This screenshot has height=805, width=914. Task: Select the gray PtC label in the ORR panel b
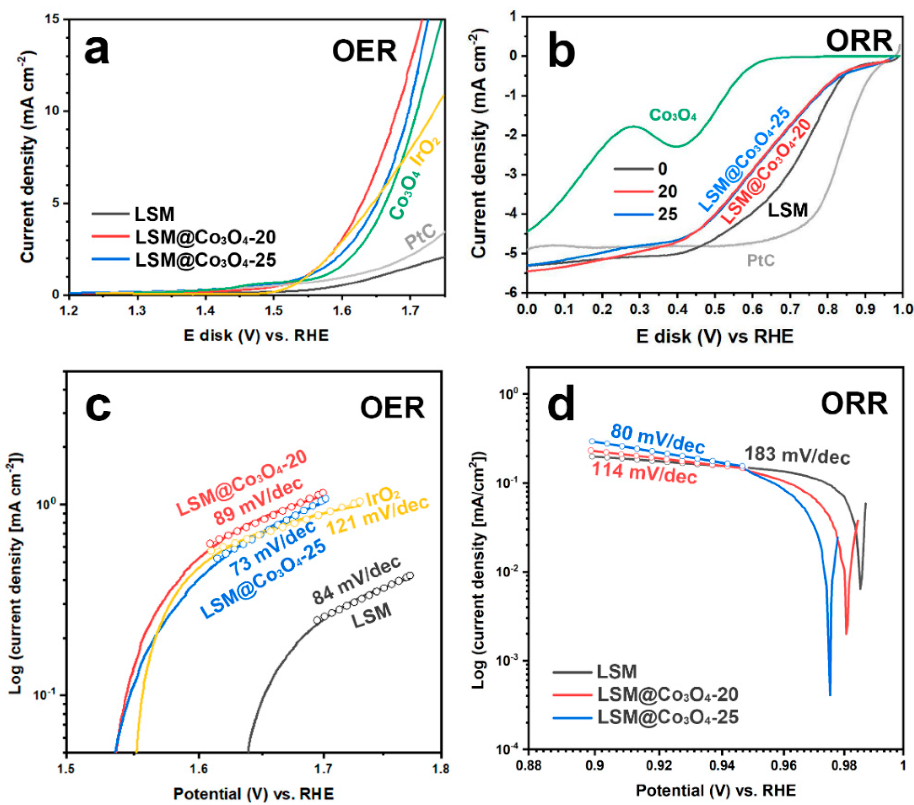click(x=761, y=260)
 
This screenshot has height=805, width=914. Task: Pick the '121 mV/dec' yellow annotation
click(x=378, y=515)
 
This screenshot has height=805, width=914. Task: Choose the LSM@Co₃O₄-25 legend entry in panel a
click(x=205, y=260)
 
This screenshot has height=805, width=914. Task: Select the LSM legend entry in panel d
click(x=617, y=671)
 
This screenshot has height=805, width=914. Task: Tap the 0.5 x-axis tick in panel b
click(x=715, y=310)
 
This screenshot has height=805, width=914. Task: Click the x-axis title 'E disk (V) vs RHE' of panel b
click(x=715, y=336)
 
